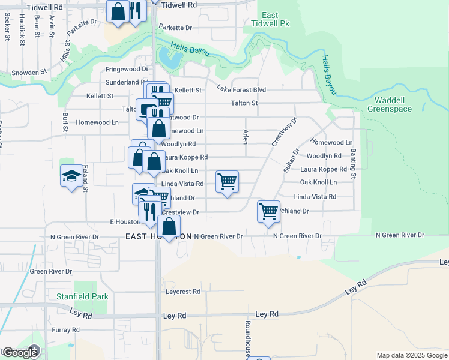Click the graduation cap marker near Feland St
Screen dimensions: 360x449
(x=72, y=176)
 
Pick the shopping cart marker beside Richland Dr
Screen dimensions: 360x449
(x=268, y=211)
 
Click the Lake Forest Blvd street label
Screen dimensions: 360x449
(x=241, y=90)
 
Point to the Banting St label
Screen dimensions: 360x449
(x=354, y=164)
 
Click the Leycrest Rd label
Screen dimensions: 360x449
(x=183, y=292)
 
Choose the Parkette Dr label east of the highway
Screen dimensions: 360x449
(x=176, y=28)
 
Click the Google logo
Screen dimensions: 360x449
(x=20, y=352)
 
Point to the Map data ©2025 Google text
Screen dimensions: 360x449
(x=412, y=355)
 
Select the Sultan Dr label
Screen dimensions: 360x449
(x=289, y=160)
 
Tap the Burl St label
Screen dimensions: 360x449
(x=65, y=122)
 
